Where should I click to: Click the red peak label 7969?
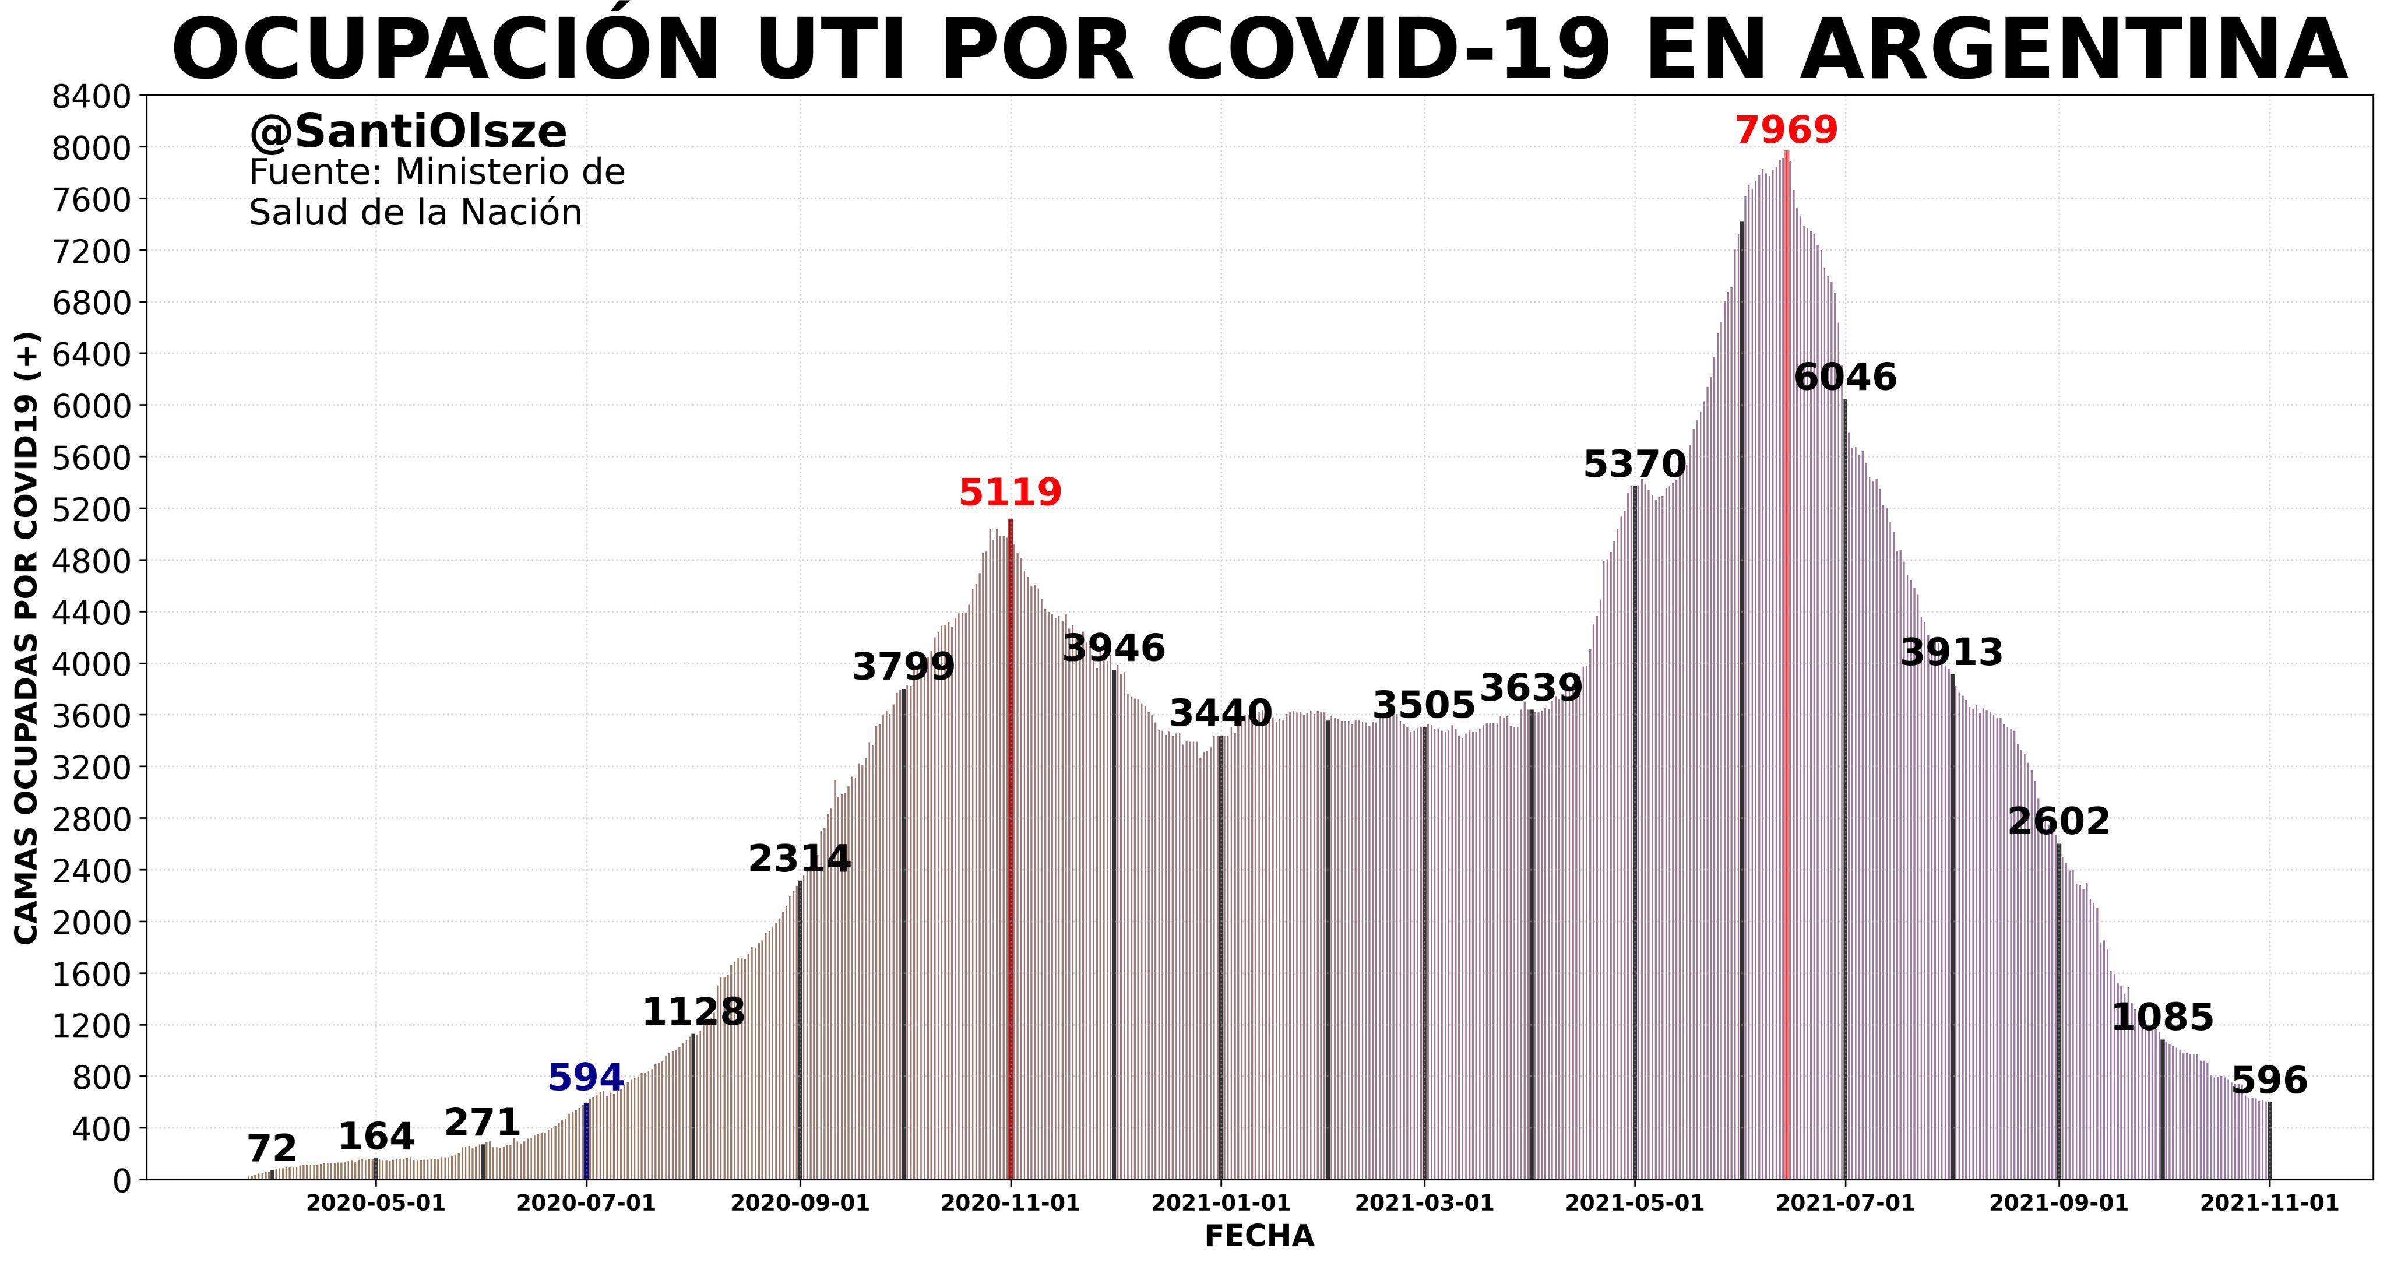point(1786,131)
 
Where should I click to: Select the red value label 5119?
point(1010,493)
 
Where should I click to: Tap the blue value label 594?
point(586,1079)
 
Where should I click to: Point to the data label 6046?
point(1845,378)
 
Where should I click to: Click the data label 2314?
point(799,860)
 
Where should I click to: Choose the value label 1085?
point(2162,1018)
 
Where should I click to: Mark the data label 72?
point(272,1150)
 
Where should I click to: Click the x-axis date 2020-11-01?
point(1010,1204)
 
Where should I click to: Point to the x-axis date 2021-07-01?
point(1845,1204)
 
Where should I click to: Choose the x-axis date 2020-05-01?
point(375,1204)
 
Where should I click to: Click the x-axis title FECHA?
point(1258,1236)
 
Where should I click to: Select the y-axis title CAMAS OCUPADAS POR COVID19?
point(27,639)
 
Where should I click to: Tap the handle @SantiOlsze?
point(408,132)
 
